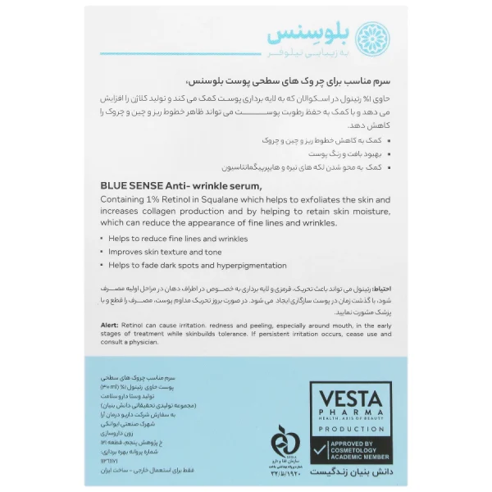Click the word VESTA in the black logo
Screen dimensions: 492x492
point(350,395)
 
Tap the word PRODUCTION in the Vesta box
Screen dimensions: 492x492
point(350,427)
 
